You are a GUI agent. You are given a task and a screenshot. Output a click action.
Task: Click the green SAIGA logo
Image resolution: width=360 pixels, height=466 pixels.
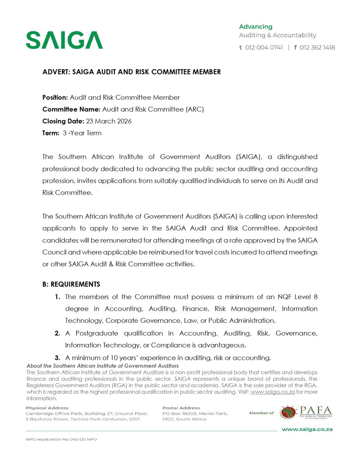[x=64, y=40]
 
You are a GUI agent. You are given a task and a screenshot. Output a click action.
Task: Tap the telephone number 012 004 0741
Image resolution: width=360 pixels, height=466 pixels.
[x=264, y=47]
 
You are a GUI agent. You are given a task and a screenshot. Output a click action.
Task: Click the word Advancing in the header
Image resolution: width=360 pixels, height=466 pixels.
[x=256, y=27]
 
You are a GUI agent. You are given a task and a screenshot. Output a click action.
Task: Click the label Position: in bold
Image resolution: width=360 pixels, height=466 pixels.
[x=55, y=97]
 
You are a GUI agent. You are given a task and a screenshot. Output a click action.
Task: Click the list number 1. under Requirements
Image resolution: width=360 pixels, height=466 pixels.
[x=57, y=297]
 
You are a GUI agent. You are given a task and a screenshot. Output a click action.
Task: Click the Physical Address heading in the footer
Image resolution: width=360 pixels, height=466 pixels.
[x=47, y=408]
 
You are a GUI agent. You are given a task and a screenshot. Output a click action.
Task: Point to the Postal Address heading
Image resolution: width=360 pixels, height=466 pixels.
[x=181, y=408]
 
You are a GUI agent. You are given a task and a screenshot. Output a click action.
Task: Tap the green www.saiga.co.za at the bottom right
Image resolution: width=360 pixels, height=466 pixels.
[x=307, y=429]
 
